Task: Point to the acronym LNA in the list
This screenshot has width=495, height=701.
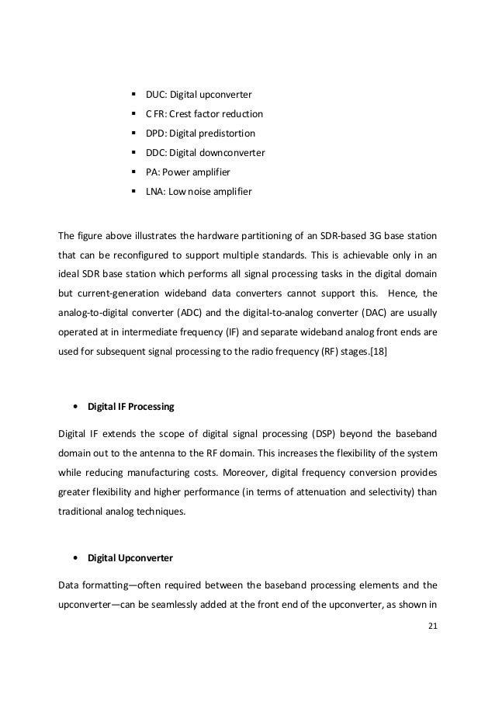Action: coord(155,191)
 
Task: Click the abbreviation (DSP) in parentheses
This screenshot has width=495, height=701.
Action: coord(314,432)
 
